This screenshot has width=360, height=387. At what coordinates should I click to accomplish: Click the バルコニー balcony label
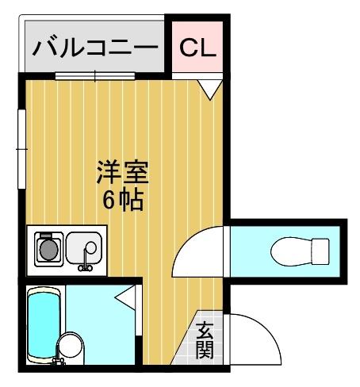[x=94, y=48]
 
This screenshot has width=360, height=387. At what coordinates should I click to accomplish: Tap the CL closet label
[x=197, y=48]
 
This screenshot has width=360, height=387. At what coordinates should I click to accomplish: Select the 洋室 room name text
[x=123, y=173]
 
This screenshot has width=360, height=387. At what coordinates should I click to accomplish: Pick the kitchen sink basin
[x=82, y=247]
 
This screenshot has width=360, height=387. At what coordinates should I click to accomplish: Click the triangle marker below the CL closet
[x=208, y=88]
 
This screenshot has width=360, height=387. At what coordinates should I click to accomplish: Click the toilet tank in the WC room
[x=320, y=251]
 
